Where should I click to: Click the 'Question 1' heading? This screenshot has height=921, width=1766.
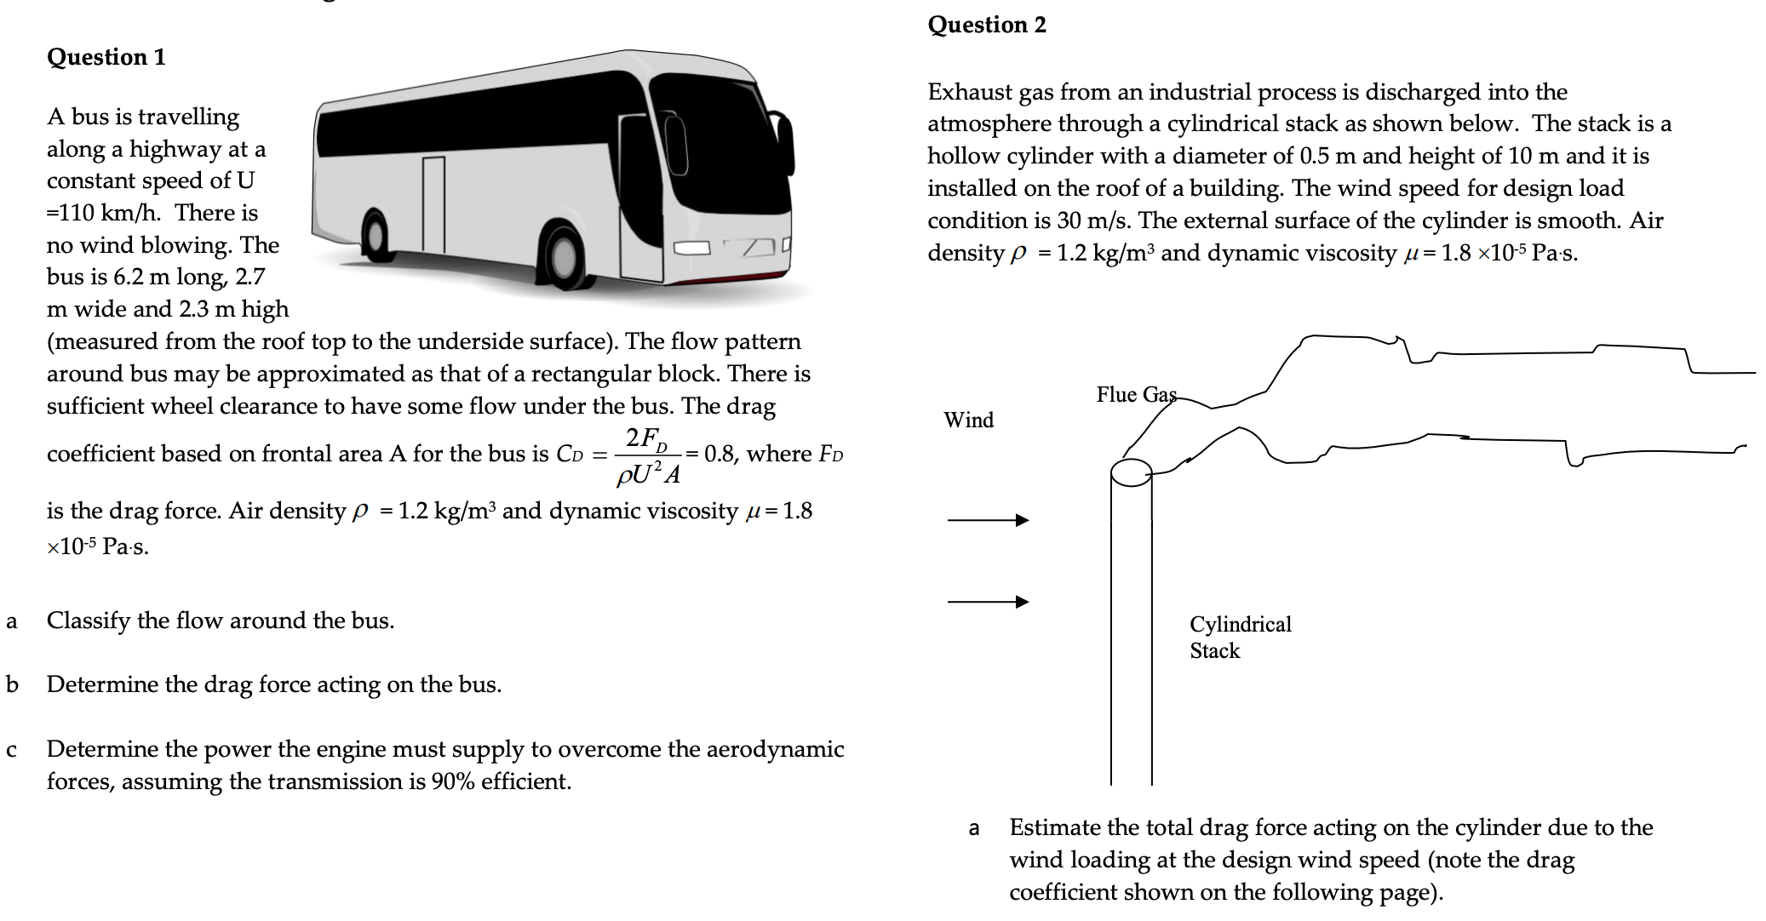[x=106, y=57]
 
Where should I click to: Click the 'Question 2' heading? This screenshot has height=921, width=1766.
[x=986, y=25]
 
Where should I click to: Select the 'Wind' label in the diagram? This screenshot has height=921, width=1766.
[x=968, y=420]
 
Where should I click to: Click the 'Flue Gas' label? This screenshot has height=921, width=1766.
[x=1136, y=394]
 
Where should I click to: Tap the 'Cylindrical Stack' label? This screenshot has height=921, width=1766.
[x=1240, y=637]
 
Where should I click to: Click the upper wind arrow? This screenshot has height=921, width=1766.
[x=988, y=520]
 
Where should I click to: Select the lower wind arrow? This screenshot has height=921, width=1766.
[x=988, y=602]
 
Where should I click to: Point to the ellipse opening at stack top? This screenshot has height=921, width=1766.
[x=1131, y=472]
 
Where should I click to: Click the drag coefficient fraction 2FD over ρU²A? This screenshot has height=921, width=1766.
[x=647, y=455]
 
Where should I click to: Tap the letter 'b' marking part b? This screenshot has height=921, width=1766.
[x=12, y=684]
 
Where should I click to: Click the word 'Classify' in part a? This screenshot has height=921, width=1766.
[x=89, y=621]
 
